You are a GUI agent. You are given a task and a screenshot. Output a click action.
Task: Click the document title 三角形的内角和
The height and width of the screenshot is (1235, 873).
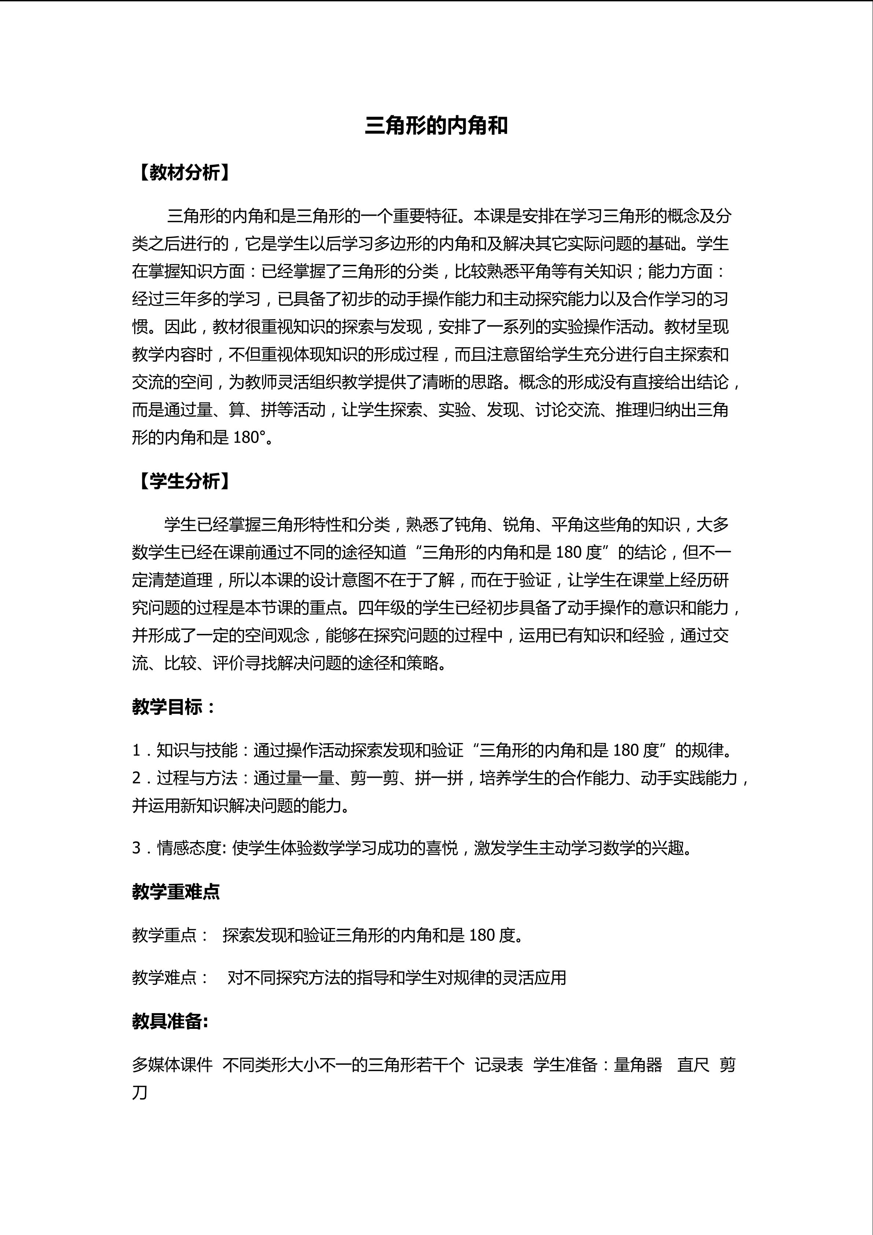click(436, 126)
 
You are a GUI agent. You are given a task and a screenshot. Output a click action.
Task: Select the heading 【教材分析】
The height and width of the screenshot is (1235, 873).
click(184, 173)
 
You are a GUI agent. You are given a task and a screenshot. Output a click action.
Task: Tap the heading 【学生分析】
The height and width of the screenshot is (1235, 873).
click(184, 481)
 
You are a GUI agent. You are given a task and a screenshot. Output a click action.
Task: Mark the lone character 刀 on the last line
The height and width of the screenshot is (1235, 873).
click(140, 1092)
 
